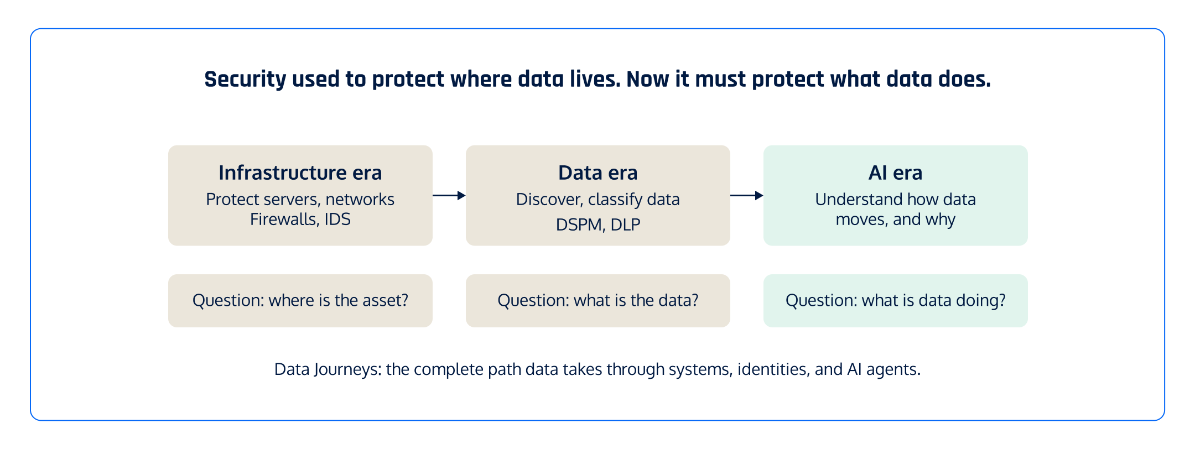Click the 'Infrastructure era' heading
pyautogui.click(x=300, y=173)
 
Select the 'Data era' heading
pyautogui.click(x=597, y=173)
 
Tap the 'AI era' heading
pyautogui.click(x=895, y=173)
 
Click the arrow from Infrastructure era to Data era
pyautogui.click(x=449, y=195)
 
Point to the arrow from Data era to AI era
pyautogui.click(x=746, y=195)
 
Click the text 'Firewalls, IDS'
pyautogui.click(x=300, y=220)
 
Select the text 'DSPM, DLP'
pyautogui.click(x=597, y=224)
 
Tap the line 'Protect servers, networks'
pyautogui.click(x=300, y=199)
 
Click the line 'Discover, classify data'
pyautogui.click(x=597, y=199)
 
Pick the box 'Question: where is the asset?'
pyautogui.click(x=300, y=300)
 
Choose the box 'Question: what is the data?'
pyautogui.click(x=597, y=300)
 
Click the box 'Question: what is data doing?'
pyautogui.click(x=895, y=300)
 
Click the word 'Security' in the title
pyautogui.click(x=245, y=80)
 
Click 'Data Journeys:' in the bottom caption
pyautogui.click(x=328, y=369)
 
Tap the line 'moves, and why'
pyautogui.click(x=895, y=220)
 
